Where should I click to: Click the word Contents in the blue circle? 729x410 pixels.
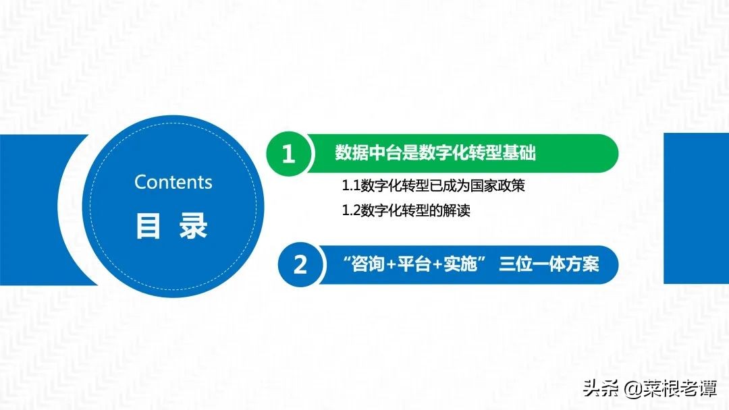click(173, 182)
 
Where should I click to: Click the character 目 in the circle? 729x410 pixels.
click(148, 227)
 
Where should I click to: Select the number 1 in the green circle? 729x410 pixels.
click(288, 154)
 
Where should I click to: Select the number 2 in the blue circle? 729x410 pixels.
click(300, 264)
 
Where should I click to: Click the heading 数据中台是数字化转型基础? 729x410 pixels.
click(435, 154)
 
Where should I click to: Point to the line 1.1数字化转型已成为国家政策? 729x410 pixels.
click(433, 185)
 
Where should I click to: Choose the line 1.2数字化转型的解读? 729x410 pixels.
click(406, 210)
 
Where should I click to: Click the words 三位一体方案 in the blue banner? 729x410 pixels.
click(549, 264)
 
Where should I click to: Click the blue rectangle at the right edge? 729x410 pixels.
click(697, 208)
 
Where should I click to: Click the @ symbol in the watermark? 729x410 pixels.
click(632, 389)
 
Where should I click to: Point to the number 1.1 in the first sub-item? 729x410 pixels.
click(352, 186)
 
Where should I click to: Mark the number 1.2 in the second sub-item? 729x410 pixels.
click(352, 211)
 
